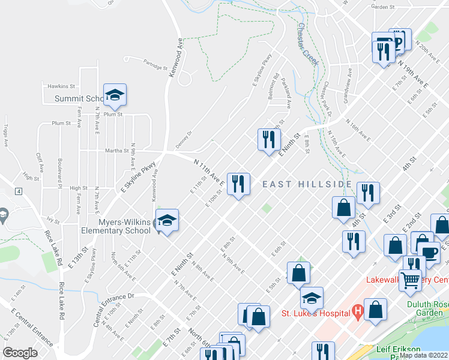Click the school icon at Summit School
115,96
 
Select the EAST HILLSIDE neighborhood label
307,184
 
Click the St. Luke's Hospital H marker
358,312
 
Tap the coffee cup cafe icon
429,253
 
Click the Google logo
20,353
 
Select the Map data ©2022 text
423,355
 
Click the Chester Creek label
307,44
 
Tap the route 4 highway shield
19,191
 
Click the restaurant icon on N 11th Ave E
238,184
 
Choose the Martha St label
117,151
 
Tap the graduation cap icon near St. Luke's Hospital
312,298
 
